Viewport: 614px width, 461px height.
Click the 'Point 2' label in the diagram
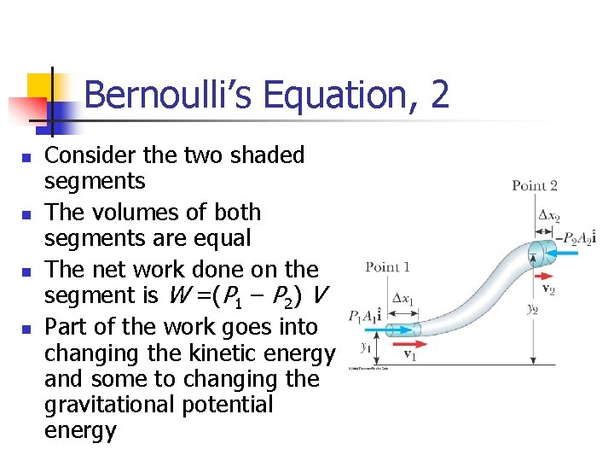tap(535, 185)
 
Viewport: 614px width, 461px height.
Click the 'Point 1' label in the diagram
tap(387, 267)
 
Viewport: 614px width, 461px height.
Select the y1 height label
tap(364, 346)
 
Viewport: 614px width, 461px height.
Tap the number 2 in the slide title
tap(439, 95)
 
